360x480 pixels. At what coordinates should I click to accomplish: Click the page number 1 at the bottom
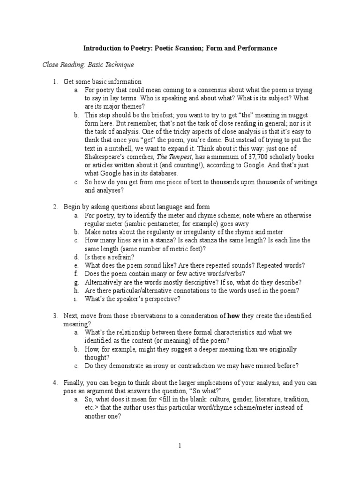point(180,446)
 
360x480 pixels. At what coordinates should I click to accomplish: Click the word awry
point(242,224)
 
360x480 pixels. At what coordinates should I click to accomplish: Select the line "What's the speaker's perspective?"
point(132,299)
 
